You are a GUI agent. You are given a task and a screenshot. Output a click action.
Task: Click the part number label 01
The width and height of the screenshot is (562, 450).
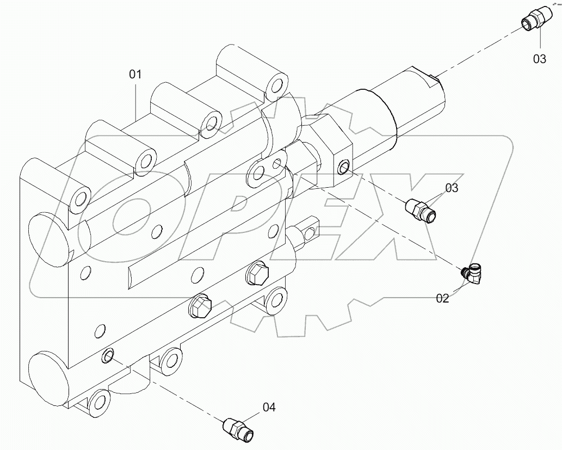135,75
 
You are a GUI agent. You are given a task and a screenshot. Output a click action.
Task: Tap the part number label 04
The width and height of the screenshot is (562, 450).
269,407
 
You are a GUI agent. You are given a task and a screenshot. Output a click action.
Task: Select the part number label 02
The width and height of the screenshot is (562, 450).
442,298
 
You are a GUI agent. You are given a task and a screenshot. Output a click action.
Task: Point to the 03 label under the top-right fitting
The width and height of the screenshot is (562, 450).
539,59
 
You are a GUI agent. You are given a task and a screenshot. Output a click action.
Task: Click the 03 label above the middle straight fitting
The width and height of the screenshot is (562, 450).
452,188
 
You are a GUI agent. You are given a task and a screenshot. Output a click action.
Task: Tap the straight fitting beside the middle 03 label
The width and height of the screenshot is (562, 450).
422,210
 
